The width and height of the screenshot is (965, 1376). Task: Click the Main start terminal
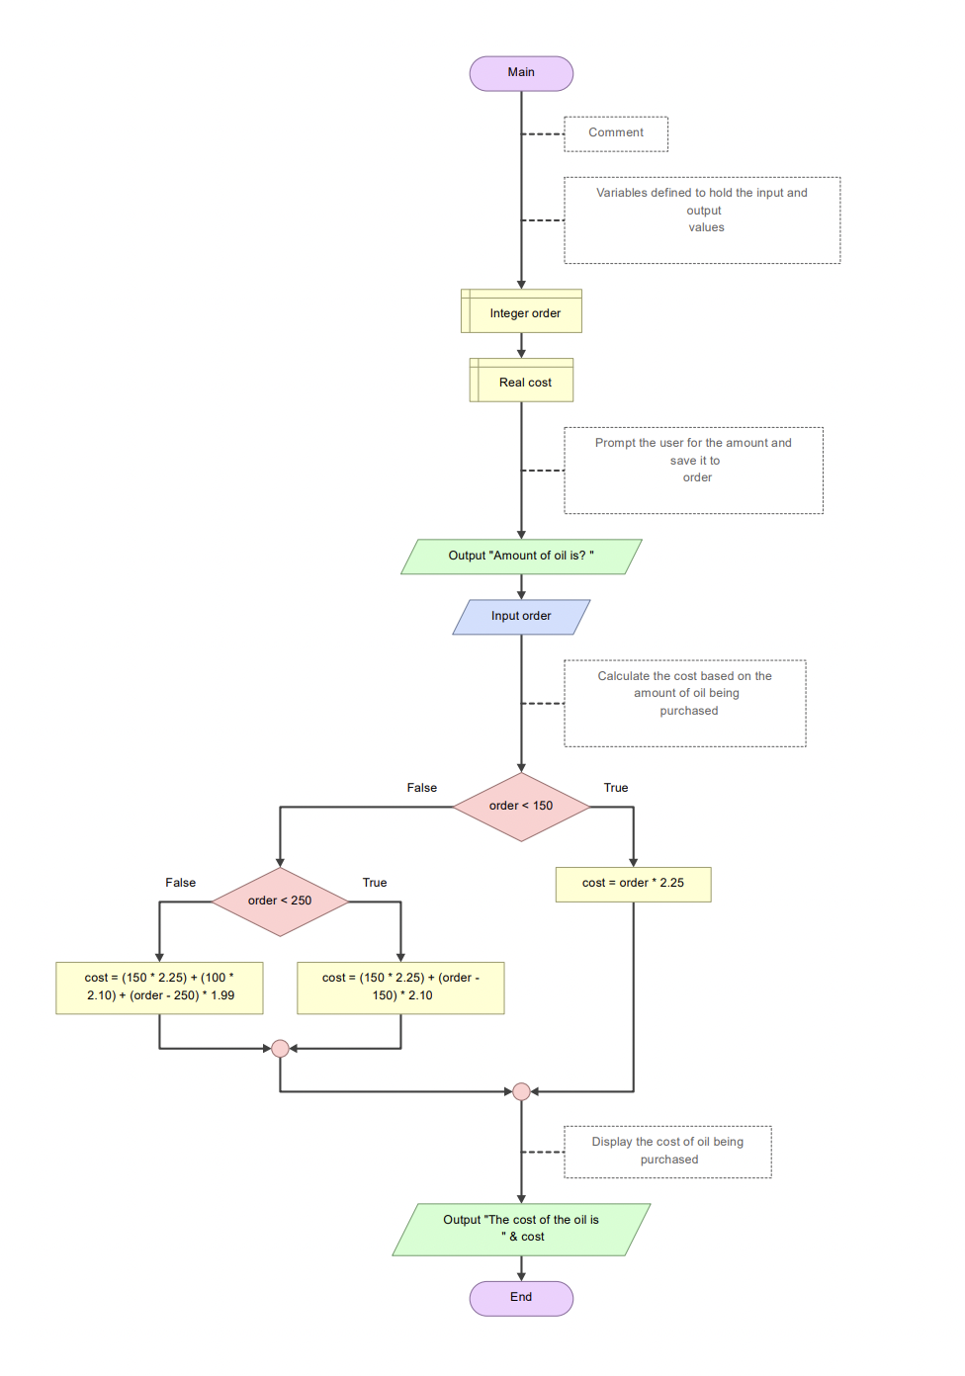tap(521, 73)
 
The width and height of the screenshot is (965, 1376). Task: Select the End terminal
tap(521, 1298)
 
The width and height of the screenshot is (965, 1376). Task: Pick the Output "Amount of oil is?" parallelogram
tap(521, 557)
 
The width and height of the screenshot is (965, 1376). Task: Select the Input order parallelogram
tap(521, 617)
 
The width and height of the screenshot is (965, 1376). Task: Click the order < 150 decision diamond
tap(521, 807)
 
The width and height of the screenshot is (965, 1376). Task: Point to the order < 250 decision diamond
tap(280, 902)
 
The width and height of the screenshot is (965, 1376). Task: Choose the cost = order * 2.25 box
tap(633, 884)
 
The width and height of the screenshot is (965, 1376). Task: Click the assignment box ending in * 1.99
tap(159, 988)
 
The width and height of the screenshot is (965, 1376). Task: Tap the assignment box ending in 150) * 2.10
tap(400, 988)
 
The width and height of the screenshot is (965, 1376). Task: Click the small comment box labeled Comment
tap(616, 133)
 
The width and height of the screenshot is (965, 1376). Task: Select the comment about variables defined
tap(702, 219)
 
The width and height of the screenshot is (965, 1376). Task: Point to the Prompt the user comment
tap(693, 470)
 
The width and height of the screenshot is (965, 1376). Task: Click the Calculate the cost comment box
tap(685, 703)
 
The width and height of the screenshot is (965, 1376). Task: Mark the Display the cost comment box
tap(667, 1152)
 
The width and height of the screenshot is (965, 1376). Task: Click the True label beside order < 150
tap(616, 788)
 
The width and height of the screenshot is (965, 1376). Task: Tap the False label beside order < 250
tap(180, 883)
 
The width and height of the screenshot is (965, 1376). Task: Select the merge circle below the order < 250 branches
tap(280, 1048)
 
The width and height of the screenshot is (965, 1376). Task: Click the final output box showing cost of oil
tap(521, 1229)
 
